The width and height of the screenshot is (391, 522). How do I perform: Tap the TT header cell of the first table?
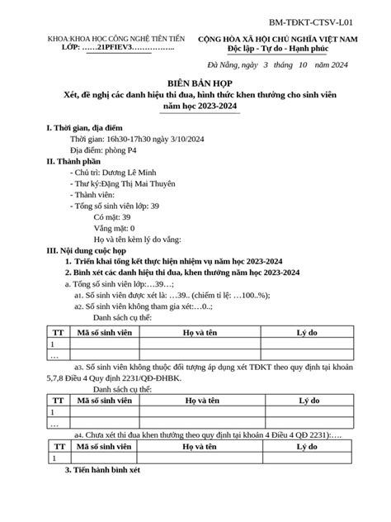click(54, 331)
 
